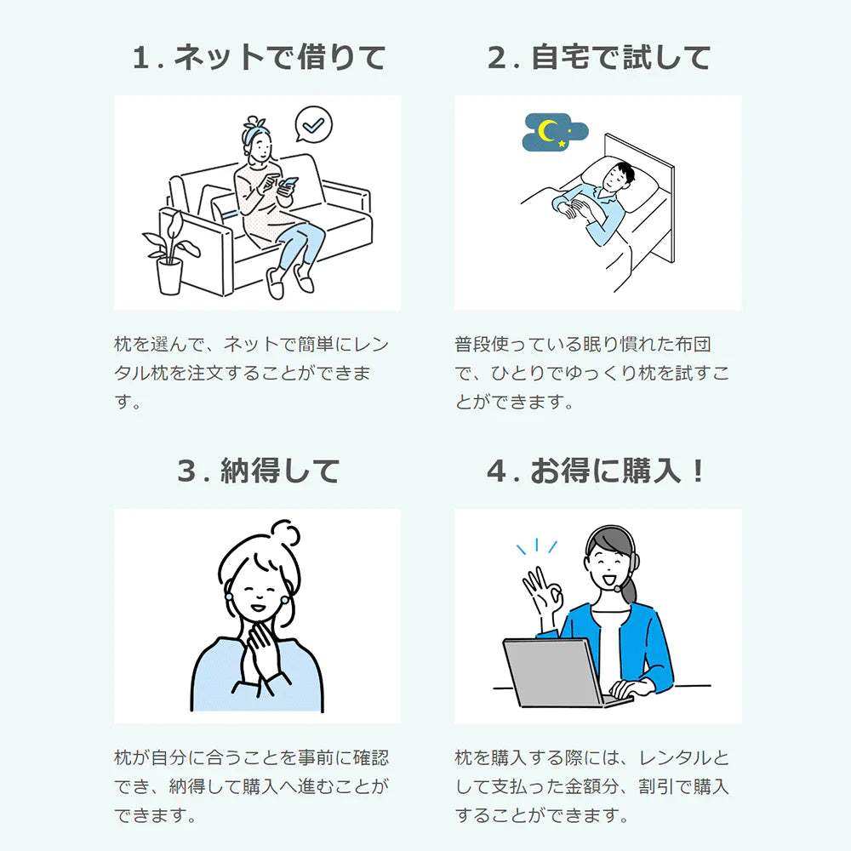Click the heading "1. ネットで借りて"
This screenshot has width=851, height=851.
tap(259, 57)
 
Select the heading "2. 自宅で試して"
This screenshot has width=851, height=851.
tap(598, 57)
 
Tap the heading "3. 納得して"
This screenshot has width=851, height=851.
tap(259, 470)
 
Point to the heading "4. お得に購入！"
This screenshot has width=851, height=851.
tap(596, 470)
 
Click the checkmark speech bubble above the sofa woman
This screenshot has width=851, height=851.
tap(314, 124)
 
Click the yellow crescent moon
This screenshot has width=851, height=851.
tap(547, 131)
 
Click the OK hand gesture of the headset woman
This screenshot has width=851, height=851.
tap(541, 592)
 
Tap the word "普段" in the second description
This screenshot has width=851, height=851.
tap(472, 344)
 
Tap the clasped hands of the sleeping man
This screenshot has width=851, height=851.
tap(575, 208)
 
